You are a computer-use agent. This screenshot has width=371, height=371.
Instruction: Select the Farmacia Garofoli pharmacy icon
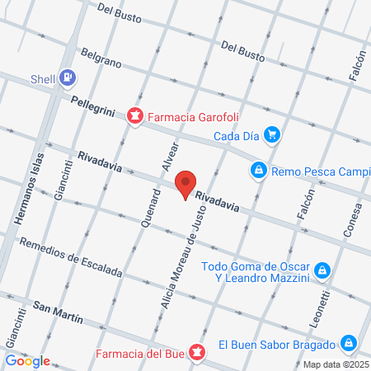[133, 117]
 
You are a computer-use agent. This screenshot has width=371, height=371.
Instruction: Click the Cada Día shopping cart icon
[273, 135]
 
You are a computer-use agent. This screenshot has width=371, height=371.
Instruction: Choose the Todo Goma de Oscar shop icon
[323, 270]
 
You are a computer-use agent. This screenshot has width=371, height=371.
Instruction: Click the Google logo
[28, 360]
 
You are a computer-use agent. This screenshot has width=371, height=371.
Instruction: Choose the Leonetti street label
[326, 306]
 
